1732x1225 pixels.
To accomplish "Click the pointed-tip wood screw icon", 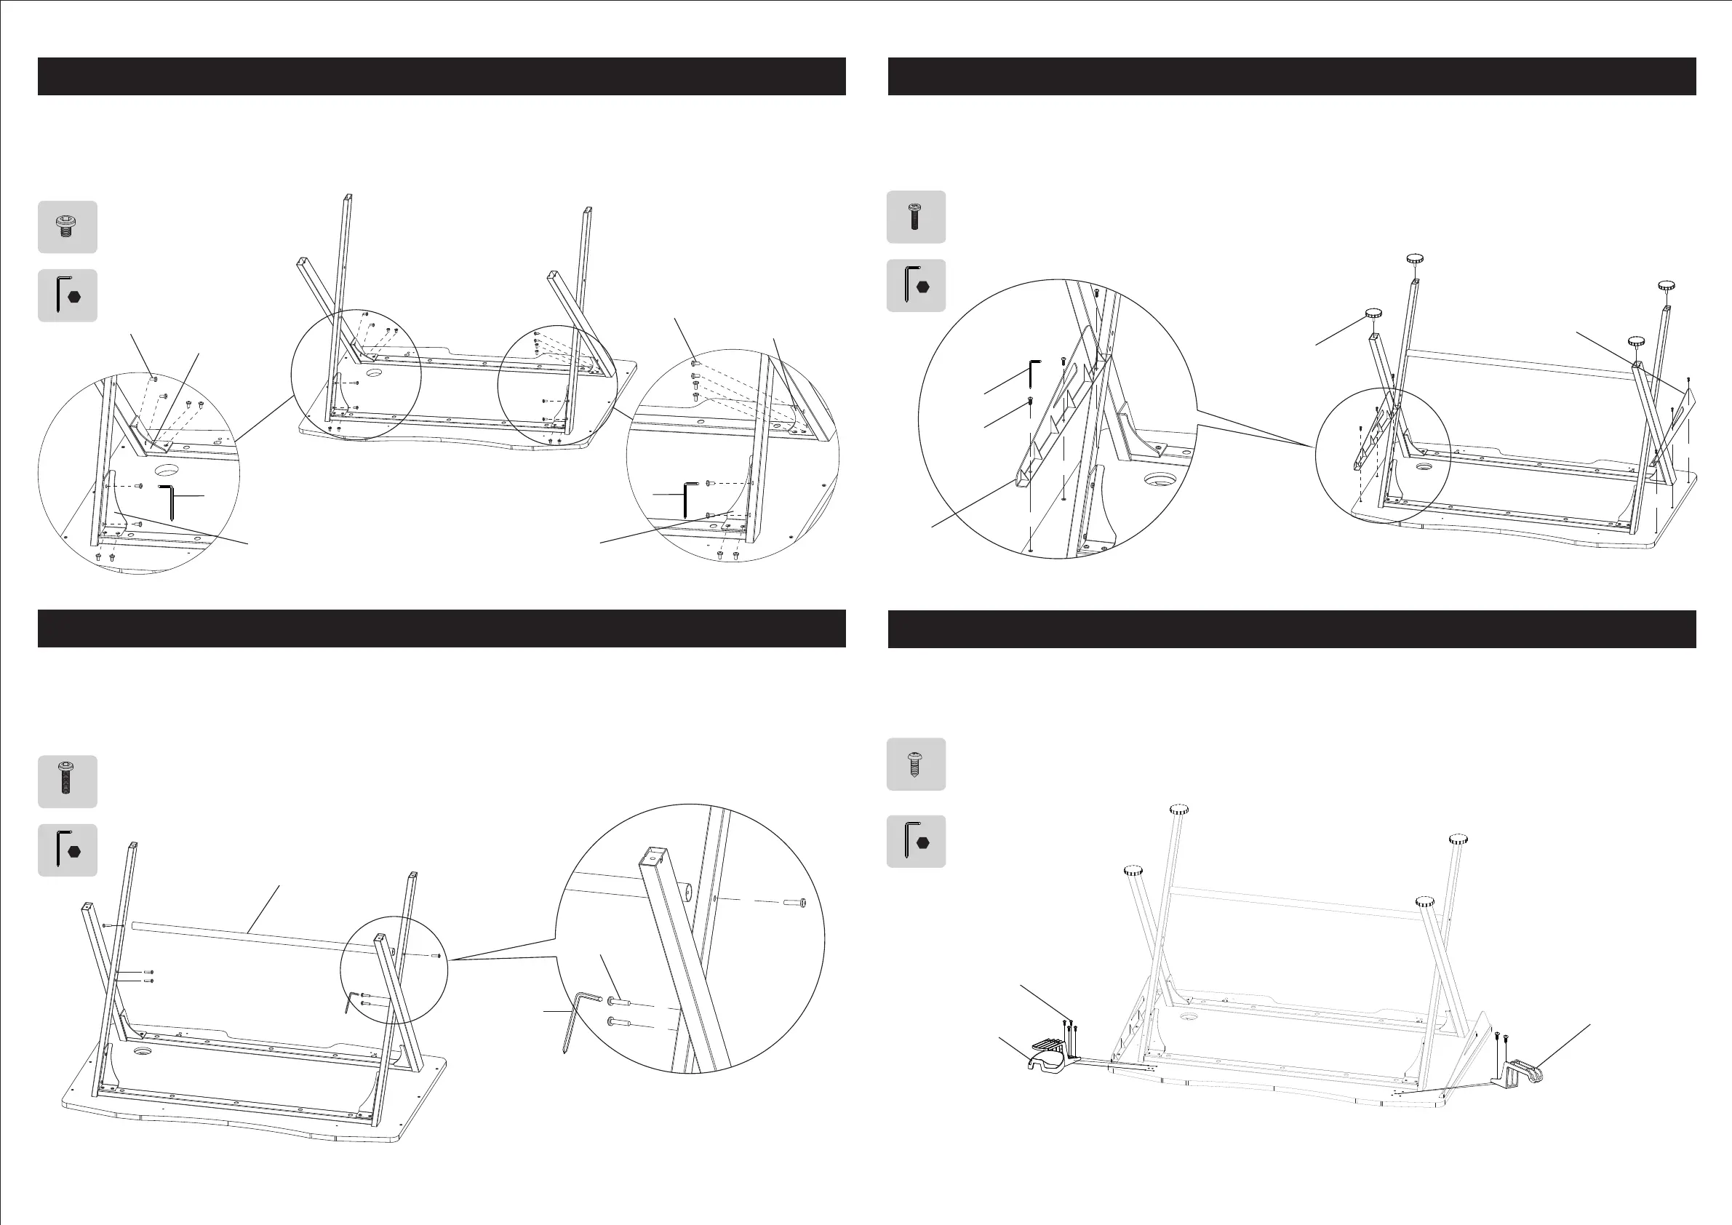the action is click(915, 763).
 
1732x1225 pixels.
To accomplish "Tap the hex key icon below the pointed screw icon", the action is click(915, 841).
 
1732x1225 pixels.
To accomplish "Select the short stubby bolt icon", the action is click(67, 226).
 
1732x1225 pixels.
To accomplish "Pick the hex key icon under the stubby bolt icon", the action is click(67, 295).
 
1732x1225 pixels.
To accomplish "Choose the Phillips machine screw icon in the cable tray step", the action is click(915, 217).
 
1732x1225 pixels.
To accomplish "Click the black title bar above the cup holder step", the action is click(1291, 629).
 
